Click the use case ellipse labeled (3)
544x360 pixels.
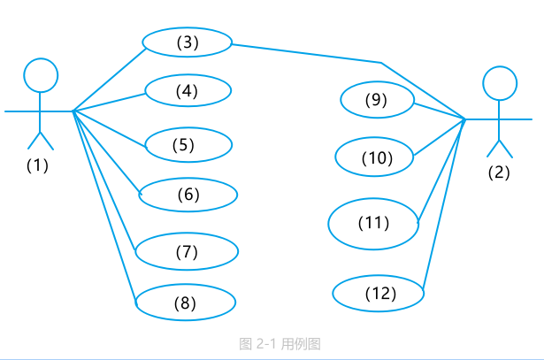pos(187,28)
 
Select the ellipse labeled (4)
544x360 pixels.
pos(188,75)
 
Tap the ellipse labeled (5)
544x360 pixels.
pos(188,128)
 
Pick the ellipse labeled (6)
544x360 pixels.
pos(188,179)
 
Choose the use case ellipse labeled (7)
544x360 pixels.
pos(187,234)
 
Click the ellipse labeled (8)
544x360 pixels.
pos(185,285)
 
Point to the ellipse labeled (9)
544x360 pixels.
pos(377,82)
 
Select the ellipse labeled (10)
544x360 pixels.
pos(374,138)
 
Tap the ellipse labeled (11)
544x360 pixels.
pos(373,199)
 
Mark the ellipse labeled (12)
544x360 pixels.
pos(379,276)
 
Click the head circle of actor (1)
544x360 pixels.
pos(41,58)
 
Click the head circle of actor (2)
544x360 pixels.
pos(500,66)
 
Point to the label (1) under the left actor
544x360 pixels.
pos(37,165)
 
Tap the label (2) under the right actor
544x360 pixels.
pos(499,172)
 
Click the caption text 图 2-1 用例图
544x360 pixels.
pos(280,344)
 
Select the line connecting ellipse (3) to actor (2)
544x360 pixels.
pos(381,63)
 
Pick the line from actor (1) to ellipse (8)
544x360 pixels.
pos(104,207)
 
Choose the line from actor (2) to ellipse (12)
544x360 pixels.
pos(444,204)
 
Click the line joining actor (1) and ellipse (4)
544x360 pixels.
pos(109,103)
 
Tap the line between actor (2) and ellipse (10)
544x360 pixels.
pos(440,137)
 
